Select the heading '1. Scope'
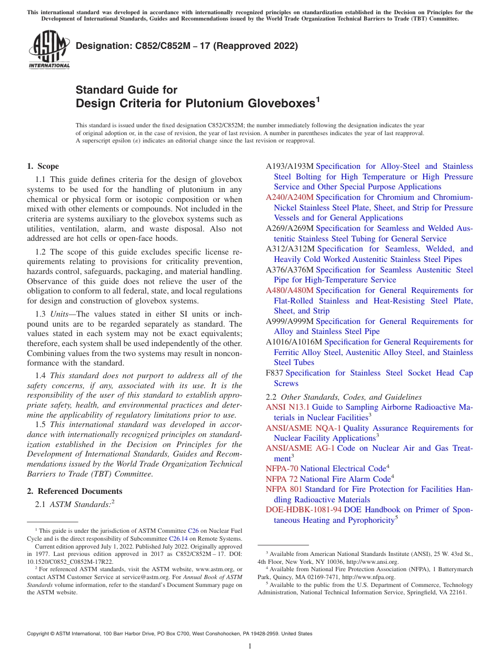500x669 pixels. (43, 166)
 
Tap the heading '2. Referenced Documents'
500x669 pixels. (74, 491)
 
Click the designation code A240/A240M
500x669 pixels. (289, 197)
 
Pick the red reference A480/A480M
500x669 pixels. (289, 290)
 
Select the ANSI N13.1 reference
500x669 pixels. (288, 407)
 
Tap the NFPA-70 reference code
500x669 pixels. (282, 469)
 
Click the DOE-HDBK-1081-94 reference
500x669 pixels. (304, 510)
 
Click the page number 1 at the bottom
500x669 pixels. (250, 647)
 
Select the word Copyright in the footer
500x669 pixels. (40, 634)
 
